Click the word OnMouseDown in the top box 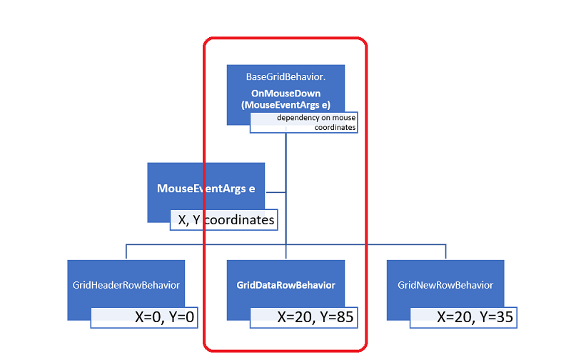pyautogui.click(x=286, y=94)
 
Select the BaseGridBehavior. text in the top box pyautogui.click(x=285, y=76)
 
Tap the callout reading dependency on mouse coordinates pyautogui.click(x=303, y=122)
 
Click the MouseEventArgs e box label pyautogui.click(x=206, y=189)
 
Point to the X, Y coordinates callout pyautogui.click(x=223, y=220)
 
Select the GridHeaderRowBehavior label pyautogui.click(x=126, y=285)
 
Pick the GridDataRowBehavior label pyautogui.click(x=286, y=285)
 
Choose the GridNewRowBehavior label pyautogui.click(x=445, y=285)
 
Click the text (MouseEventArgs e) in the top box pyautogui.click(x=286, y=105)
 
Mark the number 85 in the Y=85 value pyautogui.click(x=345, y=316)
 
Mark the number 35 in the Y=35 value pyautogui.click(x=505, y=316)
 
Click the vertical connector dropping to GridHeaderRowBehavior pyautogui.click(x=126, y=251)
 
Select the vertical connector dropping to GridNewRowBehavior pyautogui.click(x=446, y=251)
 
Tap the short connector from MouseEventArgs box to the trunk pyautogui.click(x=276, y=191)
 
